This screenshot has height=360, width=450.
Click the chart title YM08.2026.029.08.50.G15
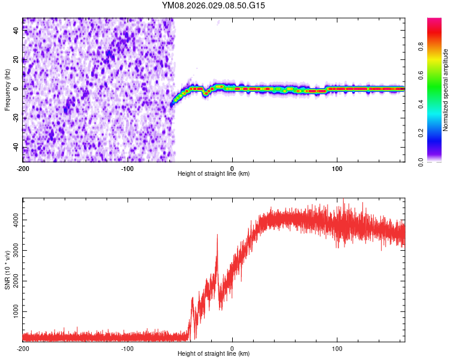tap(214, 5)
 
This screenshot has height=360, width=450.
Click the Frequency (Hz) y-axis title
tap(7, 90)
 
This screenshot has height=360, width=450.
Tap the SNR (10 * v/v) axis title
tap(7, 269)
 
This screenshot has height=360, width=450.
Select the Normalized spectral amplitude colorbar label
tap(446, 90)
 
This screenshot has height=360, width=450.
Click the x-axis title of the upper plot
tap(214, 174)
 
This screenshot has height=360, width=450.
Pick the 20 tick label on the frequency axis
tap(17, 59)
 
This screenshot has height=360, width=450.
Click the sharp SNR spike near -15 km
tap(217, 236)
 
